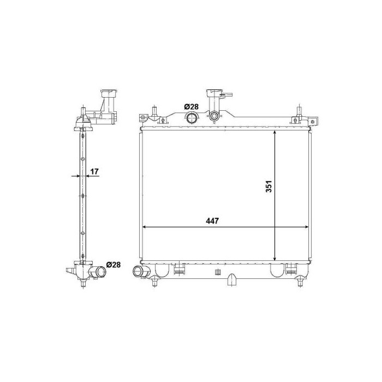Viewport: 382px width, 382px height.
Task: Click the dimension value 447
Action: coord(212,221)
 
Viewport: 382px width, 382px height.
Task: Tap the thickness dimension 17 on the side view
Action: coord(94,172)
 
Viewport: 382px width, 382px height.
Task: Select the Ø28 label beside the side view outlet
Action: coord(113,265)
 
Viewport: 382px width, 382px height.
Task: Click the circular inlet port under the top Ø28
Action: coord(192,118)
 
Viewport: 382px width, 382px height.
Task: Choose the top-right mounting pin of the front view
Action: coord(299,112)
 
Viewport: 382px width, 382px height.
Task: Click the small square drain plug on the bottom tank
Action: coord(217,272)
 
